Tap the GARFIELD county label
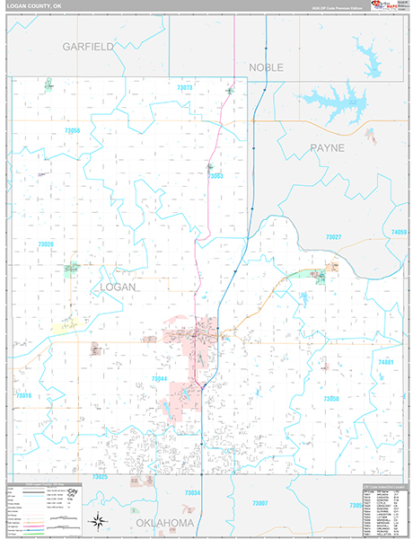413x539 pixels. [88, 45]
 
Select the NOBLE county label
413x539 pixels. [266, 67]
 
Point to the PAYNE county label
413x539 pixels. [327, 147]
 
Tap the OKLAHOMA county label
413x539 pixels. [164, 523]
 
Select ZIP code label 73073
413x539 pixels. [185, 87]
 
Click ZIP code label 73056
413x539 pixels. [73, 131]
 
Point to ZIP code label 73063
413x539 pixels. [215, 177]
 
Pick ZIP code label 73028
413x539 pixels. [46, 244]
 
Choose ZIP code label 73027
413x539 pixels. [333, 236]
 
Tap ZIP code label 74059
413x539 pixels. [399, 233]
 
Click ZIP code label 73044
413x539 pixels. [159, 379]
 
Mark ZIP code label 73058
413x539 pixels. [330, 398]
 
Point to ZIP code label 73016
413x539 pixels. [23, 395]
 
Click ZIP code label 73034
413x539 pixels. [191, 493]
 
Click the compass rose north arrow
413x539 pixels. [96, 520]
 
